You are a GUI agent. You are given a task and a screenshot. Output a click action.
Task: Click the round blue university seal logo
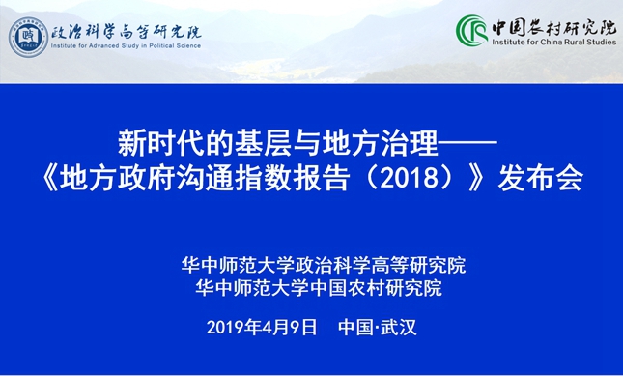point(29,36)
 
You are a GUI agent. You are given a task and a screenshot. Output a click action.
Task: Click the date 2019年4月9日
point(262,327)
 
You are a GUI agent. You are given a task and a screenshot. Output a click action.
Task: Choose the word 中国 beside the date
point(355,327)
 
